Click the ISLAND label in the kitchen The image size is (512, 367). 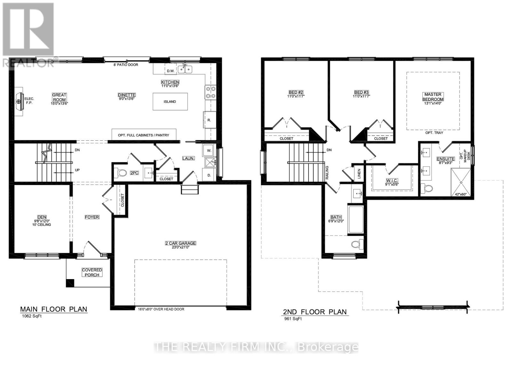[x=170, y=102]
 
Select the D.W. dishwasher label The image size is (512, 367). [x=170, y=71]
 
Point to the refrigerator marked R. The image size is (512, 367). [x=209, y=120]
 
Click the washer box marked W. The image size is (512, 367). [x=209, y=150]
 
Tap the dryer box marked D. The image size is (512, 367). [x=209, y=175]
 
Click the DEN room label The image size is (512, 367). [x=42, y=217]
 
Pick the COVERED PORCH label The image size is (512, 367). [x=92, y=272]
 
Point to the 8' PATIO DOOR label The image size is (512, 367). [x=126, y=65]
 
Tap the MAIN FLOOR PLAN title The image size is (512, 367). [x=53, y=309]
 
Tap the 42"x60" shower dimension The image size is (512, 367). [x=461, y=194]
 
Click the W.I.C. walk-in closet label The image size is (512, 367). [x=392, y=181]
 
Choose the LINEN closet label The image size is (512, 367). [x=359, y=174]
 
